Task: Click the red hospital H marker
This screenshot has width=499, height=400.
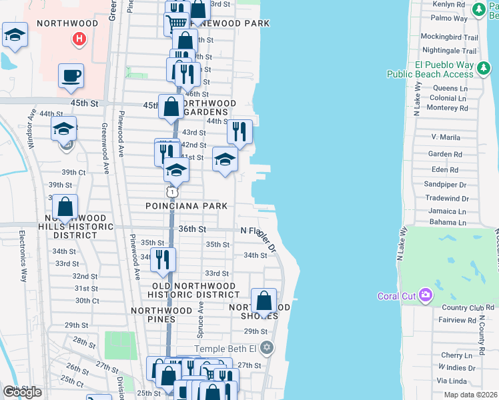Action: (x=79, y=39)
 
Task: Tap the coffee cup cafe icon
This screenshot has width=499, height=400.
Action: (x=71, y=75)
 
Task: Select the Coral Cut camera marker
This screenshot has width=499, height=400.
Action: (x=424, y=295)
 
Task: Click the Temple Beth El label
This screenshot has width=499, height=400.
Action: (x=225, y=349)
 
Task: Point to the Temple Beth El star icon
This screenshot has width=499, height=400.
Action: (x=267, y=348)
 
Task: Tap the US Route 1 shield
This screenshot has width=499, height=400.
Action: (x=173, y=192)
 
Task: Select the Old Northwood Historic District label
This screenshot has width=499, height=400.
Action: (x=191, y=290)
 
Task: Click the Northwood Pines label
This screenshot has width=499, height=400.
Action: (x=162, y=311)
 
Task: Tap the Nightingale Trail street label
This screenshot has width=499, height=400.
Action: (x=450, y=51)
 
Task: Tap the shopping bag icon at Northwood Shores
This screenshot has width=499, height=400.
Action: (x=264, y=300)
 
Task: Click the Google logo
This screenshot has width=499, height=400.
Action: (x=23, y=392)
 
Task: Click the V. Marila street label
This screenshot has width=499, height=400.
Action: (x=446, y=137)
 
